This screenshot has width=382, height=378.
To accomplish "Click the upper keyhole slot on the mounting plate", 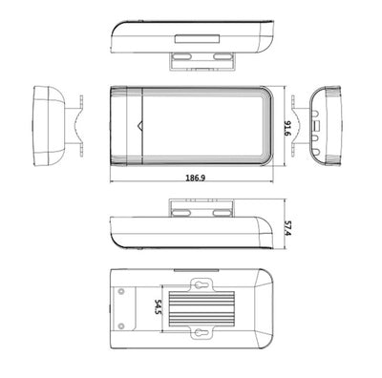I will point(202,283).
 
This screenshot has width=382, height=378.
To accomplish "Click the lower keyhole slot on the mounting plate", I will point(202,333).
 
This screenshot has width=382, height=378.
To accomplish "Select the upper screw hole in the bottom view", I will point(123,287).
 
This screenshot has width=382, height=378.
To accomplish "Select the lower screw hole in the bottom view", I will point(123,329).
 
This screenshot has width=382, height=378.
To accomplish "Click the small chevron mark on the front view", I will point(140,124).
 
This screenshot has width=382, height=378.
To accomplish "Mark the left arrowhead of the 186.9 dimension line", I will point(114,183).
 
